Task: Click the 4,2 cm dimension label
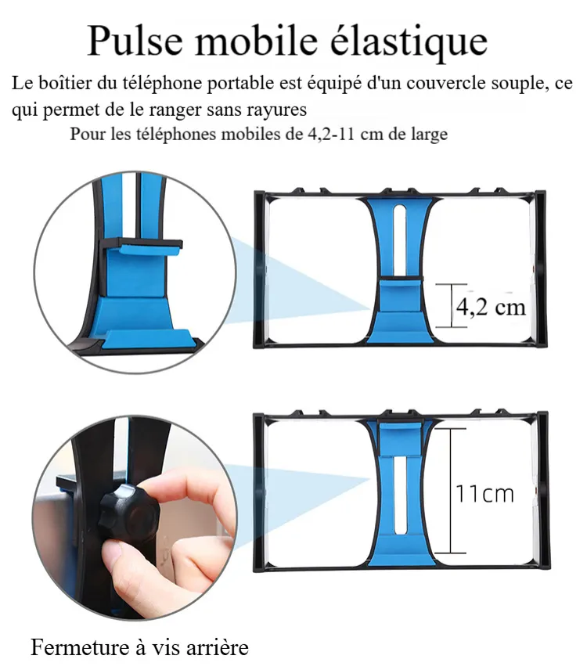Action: click(491, 307)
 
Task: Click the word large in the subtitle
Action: click(430, 135)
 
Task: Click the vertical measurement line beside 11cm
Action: click(451, 491)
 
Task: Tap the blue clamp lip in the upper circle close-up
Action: click(149, 249)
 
